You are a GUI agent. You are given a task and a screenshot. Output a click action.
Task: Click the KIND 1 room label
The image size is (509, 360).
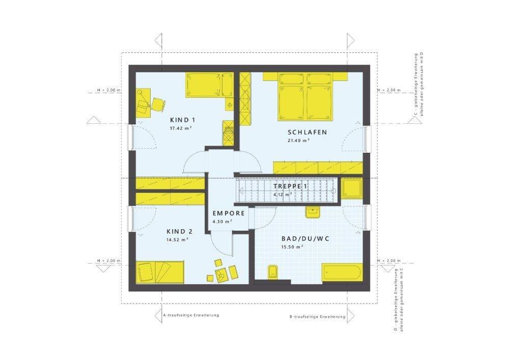click(183, 120)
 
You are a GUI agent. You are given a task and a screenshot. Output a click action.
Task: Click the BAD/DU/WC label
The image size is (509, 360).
click(302, 238)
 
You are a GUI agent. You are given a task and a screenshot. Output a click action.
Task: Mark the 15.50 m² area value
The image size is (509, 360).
click(292, 247)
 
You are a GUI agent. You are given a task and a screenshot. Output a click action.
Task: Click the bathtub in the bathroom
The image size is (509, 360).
click(342, 272)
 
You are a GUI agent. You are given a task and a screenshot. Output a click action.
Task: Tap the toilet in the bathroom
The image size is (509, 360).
click(273, 272)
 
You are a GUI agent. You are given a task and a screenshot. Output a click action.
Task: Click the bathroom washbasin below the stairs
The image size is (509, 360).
click(312, 211)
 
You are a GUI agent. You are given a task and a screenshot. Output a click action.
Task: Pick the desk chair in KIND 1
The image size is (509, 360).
click(157, 104)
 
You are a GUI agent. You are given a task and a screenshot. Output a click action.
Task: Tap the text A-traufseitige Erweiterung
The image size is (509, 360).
click(191, 315)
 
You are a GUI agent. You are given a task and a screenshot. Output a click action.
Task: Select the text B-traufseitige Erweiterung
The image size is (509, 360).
click(317, 317)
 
